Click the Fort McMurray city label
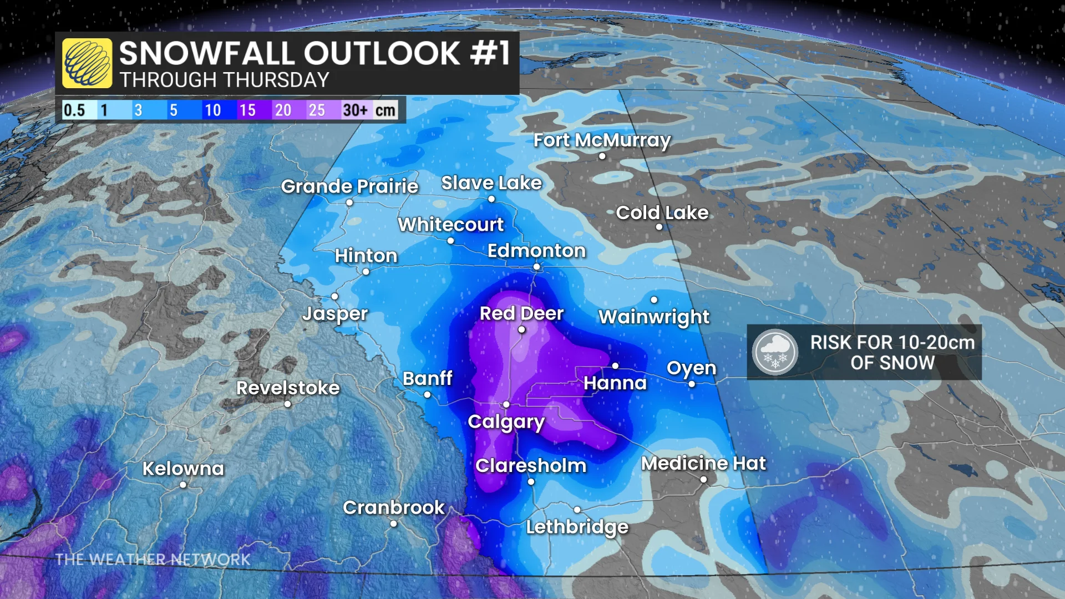coord(602,140)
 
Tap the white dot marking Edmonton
coord(536,267)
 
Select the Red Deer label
coord(521,313)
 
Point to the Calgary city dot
coord(506,405)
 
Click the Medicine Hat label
coord(703,463)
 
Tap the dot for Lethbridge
coord(577,509)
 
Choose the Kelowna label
coord(183,469)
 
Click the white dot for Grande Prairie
coord(349,202)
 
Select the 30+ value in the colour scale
coord(356,110)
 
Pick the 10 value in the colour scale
coord(212,110)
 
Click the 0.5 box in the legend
coord(74,110)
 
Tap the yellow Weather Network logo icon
coord(87,63)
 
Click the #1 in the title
coord(490,53)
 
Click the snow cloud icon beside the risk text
coord(775,352)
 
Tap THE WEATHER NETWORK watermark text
coord(153,559)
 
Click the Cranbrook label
coord(393,507)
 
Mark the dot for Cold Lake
coord(659,227)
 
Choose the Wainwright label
coord(653,317)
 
